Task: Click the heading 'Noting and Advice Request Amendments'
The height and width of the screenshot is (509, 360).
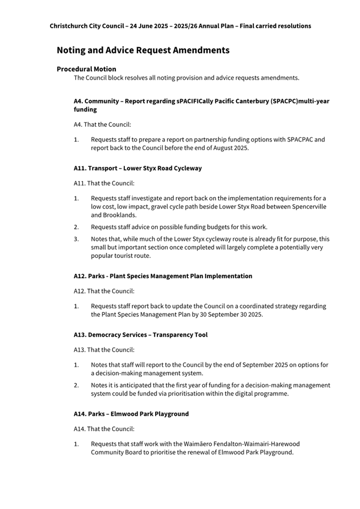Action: [143, 50]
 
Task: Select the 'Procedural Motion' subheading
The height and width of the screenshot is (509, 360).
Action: [86, 69]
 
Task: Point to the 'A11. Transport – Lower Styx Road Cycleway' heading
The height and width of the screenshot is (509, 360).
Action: [138, 168]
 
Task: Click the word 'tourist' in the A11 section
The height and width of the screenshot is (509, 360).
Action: [126, 256]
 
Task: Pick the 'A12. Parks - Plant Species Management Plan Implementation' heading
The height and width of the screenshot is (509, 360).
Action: [163, 276]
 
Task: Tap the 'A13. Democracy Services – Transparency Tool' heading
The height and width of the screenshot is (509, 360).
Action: [140, 335]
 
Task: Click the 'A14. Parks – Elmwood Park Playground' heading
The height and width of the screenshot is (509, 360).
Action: [131, 414]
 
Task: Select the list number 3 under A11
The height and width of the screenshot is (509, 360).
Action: [76, 239]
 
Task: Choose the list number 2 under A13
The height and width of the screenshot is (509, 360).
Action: [76, 385]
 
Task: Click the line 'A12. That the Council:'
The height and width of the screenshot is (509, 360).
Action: [104, 291]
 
